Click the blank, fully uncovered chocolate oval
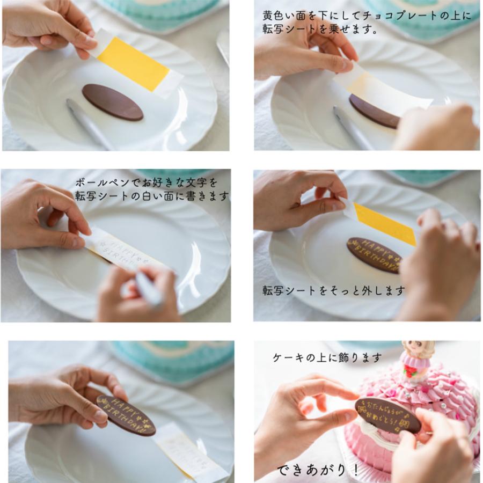click(x=112, y=102)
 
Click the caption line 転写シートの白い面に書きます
click(x=152, y=196)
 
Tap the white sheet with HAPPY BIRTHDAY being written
click(x=123, y=252)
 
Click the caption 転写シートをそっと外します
click(x=333, y=290)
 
